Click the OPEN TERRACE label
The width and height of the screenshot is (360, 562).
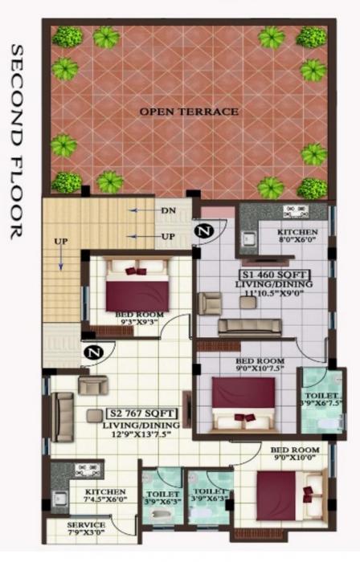190,112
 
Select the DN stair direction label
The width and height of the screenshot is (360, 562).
168,210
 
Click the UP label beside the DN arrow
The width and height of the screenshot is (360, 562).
168,238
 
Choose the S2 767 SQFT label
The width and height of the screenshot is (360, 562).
137,413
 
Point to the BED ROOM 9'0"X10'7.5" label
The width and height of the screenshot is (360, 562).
259,366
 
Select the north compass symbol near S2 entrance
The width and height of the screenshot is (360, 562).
94,351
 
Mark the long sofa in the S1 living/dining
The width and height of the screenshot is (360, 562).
250,326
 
